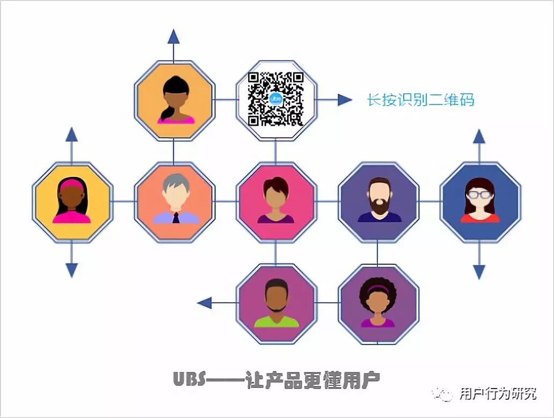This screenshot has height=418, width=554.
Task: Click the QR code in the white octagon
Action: pos(276,100)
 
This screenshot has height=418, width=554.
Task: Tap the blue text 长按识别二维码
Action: pos(420,100)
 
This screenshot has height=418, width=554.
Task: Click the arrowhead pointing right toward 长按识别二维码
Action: pos(345,100)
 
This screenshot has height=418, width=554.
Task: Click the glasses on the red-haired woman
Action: pos(479,195)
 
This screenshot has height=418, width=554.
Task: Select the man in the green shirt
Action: pos(276,303)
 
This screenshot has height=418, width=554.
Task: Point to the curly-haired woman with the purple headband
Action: pos(378,302)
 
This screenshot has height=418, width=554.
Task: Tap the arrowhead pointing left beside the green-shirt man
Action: pos(205,303)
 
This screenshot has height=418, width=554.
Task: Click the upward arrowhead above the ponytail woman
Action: pos(173,36)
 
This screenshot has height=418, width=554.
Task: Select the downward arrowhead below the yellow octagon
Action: pos(71,270)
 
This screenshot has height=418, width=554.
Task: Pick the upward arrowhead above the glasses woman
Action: pos(479,137)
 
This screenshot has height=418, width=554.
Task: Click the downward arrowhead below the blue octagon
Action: pos(479,271)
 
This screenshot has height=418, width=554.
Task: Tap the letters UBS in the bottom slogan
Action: pos(189,379)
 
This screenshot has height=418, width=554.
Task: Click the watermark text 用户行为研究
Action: pos(498,394)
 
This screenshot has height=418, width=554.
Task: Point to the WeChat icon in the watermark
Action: pos(443,394)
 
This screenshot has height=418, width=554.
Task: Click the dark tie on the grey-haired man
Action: pos(176,218)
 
